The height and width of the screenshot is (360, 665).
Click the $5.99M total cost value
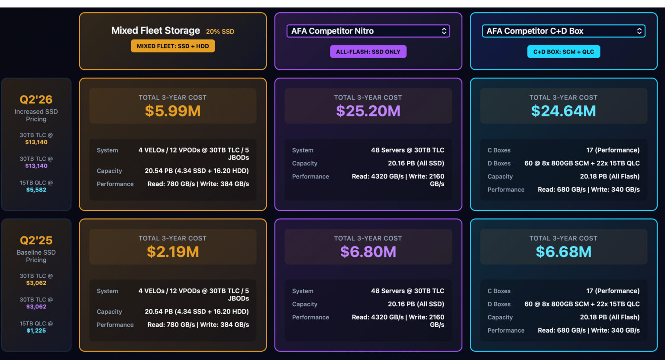pos(172,111)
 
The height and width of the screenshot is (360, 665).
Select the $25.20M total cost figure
pos(368,111)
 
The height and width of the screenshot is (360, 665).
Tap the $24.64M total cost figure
pos(563,111)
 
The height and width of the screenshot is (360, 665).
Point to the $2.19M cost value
pos(172,252)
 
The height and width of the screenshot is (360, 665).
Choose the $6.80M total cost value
pos(368,252)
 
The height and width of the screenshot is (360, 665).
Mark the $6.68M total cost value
pos(563,252)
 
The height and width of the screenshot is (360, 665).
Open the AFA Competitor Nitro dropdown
pos(368,31)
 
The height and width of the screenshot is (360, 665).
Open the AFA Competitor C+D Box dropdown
pos(563,31)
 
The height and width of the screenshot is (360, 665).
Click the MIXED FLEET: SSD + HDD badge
pos(173,46)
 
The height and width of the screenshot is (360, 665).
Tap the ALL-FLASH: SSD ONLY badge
pos(368,52)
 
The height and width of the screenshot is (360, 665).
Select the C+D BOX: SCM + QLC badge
pos(563,52)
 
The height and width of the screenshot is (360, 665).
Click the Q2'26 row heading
pos(36,100)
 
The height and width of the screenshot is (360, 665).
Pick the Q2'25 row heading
pos(36,240)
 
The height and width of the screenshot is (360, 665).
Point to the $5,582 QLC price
pos(36,190)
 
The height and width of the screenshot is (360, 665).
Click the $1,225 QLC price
pos(36,331)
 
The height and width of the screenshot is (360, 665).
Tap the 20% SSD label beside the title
pos(220,32)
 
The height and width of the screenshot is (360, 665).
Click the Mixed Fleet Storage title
pos(155,31)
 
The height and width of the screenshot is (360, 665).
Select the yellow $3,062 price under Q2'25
pos(36,283)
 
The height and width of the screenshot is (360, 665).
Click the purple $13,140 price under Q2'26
pos(36,166)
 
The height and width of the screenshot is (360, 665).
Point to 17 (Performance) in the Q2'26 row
pos(613,150)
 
